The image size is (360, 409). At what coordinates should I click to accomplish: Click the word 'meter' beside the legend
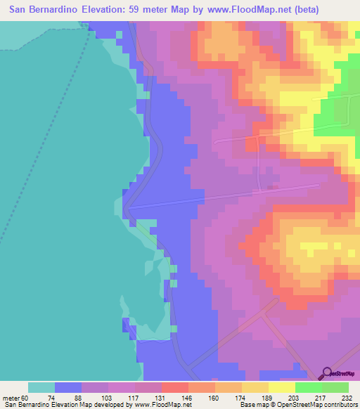(11, 398)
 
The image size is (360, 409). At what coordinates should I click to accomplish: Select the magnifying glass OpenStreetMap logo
(326, 374)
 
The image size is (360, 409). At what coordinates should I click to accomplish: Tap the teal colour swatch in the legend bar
(41, 387)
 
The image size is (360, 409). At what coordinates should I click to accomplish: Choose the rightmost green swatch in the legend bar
(335, 387)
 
